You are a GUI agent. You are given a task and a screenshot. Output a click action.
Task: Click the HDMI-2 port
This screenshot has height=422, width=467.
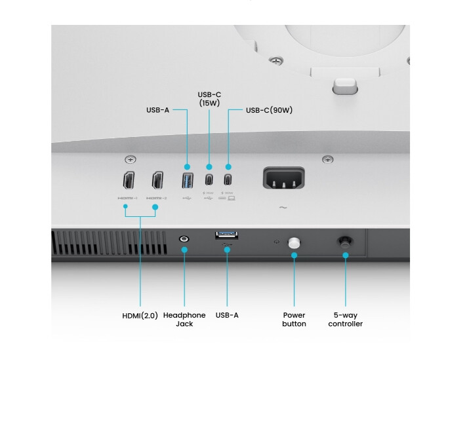(x=157, y=180)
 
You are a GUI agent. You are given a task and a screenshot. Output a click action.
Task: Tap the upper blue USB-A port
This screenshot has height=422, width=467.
(x=188, y=180)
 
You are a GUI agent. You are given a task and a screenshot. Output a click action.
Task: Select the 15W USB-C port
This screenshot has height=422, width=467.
(x=209, y=180)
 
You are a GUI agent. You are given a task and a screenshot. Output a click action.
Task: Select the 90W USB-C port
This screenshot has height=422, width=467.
(x=229, y=180)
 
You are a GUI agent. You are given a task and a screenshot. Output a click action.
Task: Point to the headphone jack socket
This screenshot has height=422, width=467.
(x=184, y=240)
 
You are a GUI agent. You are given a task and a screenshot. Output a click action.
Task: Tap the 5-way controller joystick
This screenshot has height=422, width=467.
(x=345, y=241)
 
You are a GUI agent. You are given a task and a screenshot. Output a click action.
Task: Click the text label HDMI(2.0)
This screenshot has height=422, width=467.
(x=140, y=315)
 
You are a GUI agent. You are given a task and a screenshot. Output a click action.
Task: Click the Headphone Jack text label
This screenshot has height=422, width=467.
(x=184, y=319)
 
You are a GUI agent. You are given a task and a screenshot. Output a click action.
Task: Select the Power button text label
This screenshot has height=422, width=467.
(x=294, y=319)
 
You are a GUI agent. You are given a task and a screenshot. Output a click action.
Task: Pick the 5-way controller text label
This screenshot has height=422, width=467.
(x=345, y=319)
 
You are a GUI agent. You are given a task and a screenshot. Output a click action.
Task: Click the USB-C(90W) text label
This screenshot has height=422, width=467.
(x=269, y=110)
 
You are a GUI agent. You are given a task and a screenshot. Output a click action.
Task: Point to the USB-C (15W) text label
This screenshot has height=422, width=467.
(x=209, y=98)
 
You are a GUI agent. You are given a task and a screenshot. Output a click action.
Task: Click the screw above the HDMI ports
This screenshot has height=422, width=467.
(x=131, y=159)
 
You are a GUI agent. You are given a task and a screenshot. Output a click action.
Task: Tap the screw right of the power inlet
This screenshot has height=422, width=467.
(x=328, y=159)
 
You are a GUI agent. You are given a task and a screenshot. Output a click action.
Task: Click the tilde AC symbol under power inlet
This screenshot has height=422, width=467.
(x=283, y=208)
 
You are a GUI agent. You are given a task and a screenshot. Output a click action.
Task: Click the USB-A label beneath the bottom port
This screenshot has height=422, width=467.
(x=227, y=315)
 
